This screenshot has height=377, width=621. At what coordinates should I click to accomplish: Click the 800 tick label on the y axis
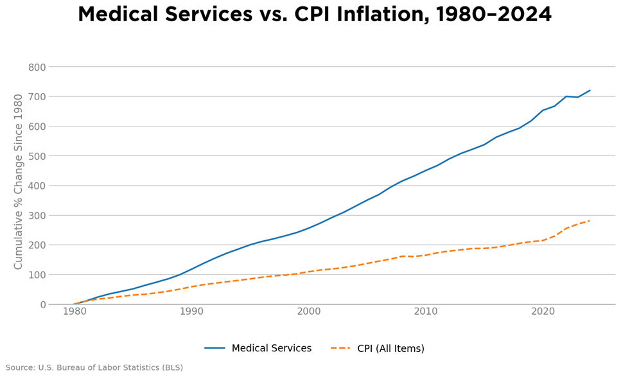(x=37, y=67)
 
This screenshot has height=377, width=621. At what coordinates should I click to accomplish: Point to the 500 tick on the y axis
(x=37, y=156)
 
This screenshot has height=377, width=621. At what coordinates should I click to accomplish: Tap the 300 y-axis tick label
(x=37, y=216)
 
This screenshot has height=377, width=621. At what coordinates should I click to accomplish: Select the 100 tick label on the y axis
(x=37, y=275)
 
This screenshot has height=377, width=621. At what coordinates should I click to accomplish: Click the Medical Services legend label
(x=271, y=349)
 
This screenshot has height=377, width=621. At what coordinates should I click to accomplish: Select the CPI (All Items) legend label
(x=390, y=349)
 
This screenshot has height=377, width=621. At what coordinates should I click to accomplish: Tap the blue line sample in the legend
(x=214, y=349)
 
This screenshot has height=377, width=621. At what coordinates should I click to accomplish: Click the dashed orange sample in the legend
(x=340, y=349)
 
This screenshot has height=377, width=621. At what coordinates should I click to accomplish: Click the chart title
(x=315, y=15)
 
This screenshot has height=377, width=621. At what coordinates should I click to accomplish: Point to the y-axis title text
(x=19, y=182)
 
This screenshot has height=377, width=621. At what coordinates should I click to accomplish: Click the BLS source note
(x=94, y=368)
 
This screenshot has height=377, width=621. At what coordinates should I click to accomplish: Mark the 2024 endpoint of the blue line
(x=590, y=91)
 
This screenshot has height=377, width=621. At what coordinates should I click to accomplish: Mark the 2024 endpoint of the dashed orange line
(x=590, y=221)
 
